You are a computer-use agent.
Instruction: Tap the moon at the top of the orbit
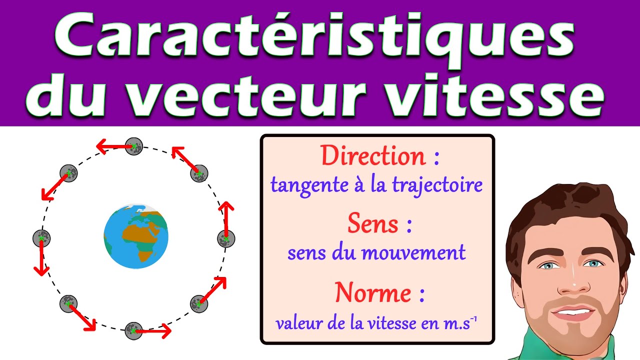point(134,146)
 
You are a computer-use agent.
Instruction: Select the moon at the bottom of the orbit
point(133,330)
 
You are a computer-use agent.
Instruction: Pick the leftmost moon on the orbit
point(41,238)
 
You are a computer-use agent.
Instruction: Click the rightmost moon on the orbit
point(225,238)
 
